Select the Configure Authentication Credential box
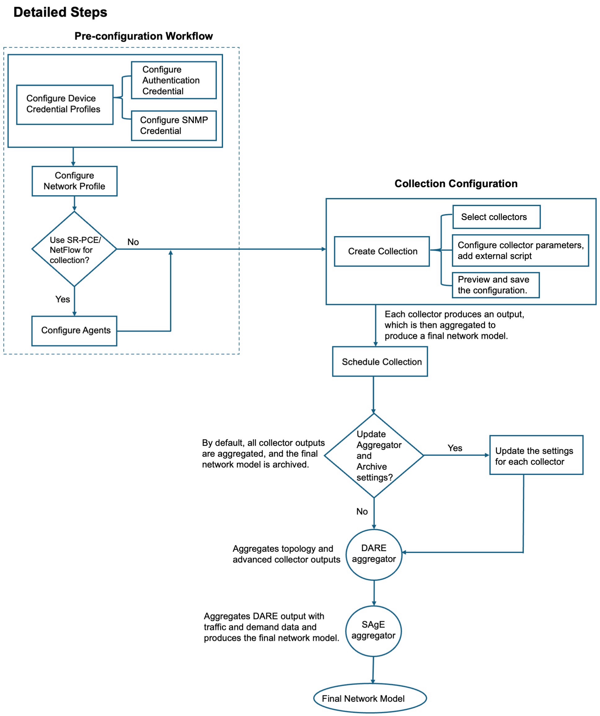click(174, 80)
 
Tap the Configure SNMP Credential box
click(174, 125)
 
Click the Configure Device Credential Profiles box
click(65, 105)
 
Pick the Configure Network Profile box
click(74, 181)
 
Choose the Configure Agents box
click(74, 331)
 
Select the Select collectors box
click(496, 217)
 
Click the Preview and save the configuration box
click(496, 285)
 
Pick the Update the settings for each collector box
click(536, 455)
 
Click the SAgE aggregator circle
click(373, 631)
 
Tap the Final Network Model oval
click(370, 698)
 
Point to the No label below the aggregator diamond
click(362, 511)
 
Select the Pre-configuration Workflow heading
click(144, 36)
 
